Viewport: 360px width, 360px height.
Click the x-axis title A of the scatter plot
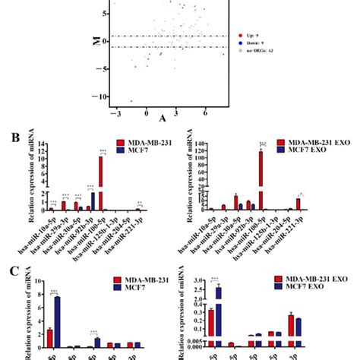pos(163,119)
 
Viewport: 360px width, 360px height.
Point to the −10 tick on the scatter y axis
pos(103,96)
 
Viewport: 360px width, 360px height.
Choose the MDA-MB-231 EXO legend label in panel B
pos(319,144)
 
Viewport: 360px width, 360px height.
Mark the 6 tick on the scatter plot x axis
pos(205,112)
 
